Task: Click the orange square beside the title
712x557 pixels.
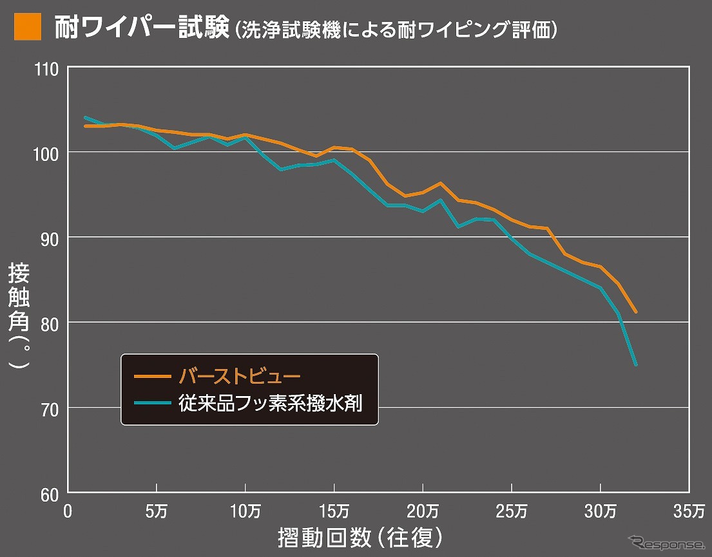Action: coord(28,28)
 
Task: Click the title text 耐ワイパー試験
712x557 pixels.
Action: coord(140,28)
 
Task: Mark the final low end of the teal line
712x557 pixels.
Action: coord(636,365)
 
